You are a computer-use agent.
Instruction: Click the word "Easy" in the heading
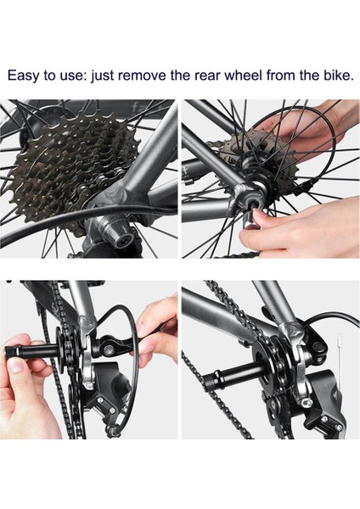pyautogui.click(x=24, y=76)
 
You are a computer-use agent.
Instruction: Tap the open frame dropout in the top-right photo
pyautogui.click(x=245, y=199)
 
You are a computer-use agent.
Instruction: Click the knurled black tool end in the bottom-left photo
pyautogui.click(x=10, y=351)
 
